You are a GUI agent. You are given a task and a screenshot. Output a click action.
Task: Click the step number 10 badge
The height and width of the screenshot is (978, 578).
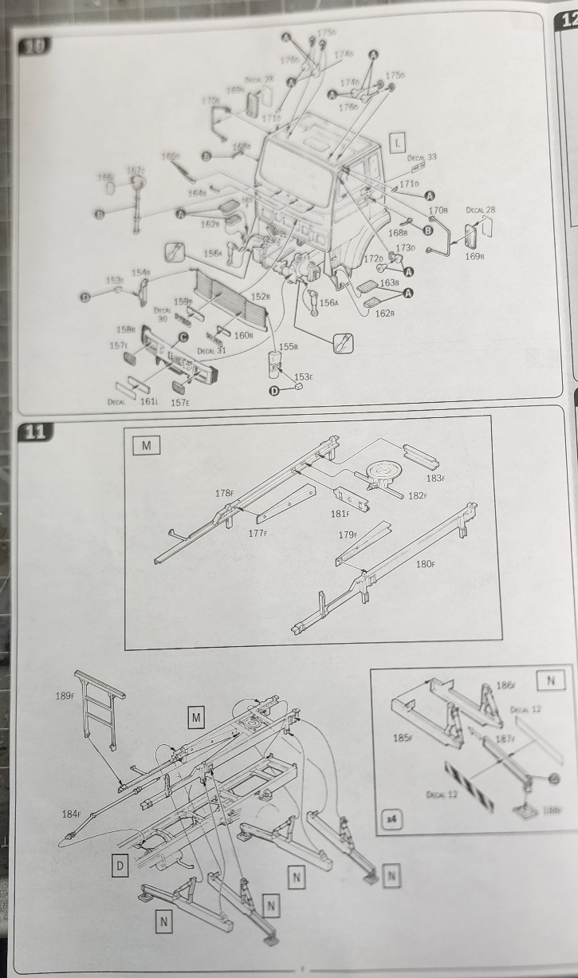click(x=34, y=45)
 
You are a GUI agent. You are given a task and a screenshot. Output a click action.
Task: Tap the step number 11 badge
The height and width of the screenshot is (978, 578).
click(x=33, y=433)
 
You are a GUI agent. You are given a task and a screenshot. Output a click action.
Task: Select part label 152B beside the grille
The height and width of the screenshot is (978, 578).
click(x=261, y=297)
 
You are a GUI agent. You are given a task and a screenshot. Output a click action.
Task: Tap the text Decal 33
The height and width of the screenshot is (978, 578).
click(x=422, y=158)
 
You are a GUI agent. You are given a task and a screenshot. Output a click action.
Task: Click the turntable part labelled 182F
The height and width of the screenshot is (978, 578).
click(x=382, y=474)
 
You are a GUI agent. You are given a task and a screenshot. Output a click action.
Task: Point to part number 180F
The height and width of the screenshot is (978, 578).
click(x=426, y=564)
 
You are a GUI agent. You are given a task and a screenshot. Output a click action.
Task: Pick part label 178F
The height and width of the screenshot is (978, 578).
click(x=224, y=494)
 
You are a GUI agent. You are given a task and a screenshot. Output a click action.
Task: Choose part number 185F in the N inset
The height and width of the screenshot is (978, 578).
click(x=403, y=736)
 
